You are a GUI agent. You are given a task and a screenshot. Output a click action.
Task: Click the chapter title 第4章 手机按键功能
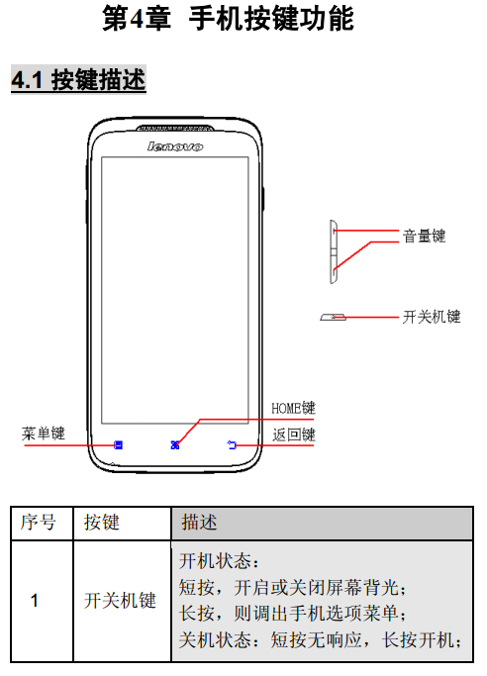coord(228,19)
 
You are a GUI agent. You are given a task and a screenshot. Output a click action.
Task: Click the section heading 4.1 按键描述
coord(78,80)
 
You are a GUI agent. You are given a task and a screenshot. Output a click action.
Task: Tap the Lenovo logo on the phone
coord(174,146)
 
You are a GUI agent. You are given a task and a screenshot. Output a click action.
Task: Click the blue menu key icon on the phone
coord(118,444)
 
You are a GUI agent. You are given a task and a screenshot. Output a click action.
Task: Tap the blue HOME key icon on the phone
coord(175,444)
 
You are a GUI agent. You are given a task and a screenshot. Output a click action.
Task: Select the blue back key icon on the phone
coord(232,444)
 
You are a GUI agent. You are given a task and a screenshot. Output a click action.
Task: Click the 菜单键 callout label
coord(44,433)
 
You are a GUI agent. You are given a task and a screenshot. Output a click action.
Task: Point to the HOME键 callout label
coord(293,408)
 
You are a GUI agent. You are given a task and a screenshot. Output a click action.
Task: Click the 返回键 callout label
coord(294,435)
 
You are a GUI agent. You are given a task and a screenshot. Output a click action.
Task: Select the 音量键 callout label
coord(424,236)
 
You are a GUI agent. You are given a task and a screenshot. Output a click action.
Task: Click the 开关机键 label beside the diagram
coord(432,317)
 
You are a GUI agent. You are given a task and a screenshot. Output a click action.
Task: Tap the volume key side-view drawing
coord(334,251)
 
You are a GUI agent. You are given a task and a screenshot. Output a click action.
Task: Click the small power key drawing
coord(333,318)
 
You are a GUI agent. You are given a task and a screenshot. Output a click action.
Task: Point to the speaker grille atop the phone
coord(174,128)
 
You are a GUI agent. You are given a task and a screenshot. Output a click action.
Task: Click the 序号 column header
coord(38,523)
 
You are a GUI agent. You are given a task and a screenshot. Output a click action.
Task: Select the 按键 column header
coord(102,523)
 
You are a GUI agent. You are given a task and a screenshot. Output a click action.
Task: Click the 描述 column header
coord(199,522)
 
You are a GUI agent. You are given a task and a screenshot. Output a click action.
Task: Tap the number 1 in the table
coord(35,601)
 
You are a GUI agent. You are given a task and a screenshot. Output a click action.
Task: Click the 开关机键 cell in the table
coord(120,601)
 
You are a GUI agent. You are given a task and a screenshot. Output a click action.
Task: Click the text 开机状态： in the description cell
coord(219,561)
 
